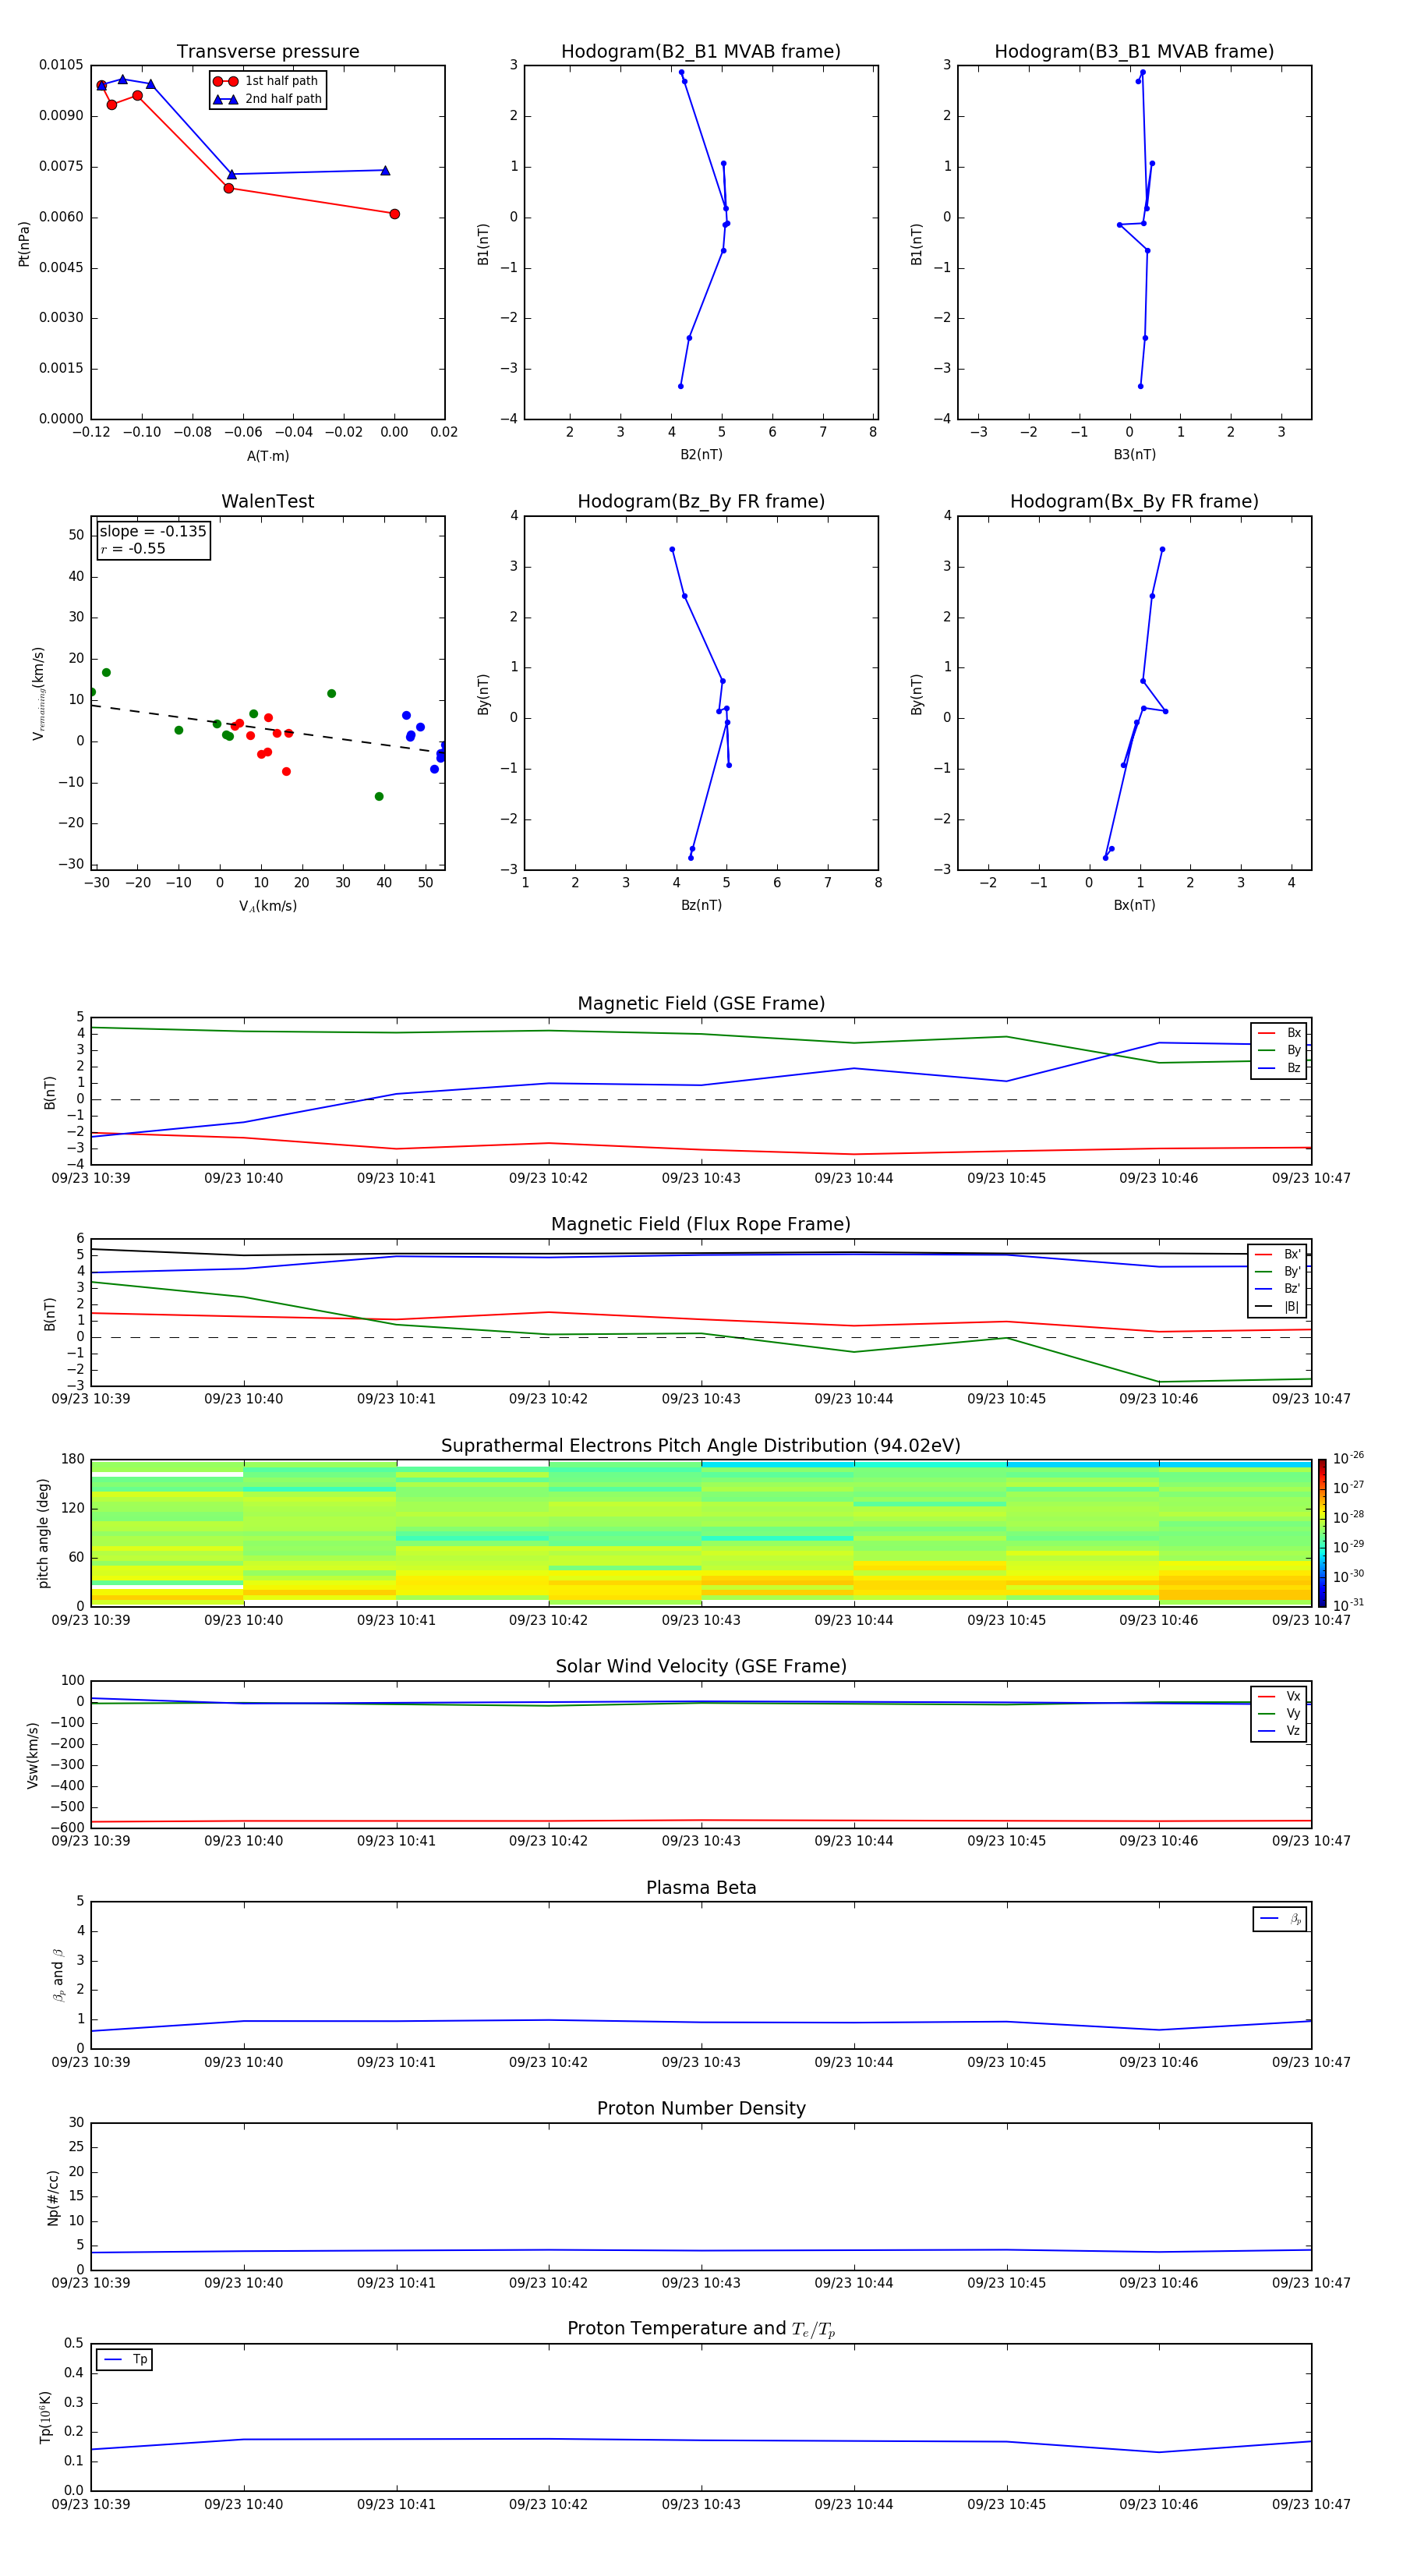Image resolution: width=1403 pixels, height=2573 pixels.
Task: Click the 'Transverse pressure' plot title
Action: pyautogui.click(x=267, y=52)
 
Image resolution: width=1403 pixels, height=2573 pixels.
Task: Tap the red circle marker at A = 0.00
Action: pyautogui.click(x=394, y=214)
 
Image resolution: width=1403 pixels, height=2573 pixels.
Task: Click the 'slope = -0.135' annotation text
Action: pyautogui.click(x=153, y=532)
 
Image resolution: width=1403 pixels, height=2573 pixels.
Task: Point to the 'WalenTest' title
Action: pyautogui.click(x=267, y=501)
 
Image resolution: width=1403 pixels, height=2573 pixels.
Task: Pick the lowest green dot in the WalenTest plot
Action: pyautogui.click(x=379, y=796)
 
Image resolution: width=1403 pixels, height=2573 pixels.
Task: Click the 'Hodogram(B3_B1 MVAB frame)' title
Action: pyautogui.click(x=1133, y=52)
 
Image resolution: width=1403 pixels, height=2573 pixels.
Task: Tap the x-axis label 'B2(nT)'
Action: pyautogui.click(x=701, y=455)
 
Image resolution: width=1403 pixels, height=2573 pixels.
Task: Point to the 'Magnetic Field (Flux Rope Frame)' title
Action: pyautogui.click(x=700, y=1225)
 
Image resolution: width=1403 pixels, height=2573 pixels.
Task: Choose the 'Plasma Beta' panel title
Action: pyautogui.click(x=701, y=1888)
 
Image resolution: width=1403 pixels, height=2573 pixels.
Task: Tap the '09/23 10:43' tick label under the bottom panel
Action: pyautogui.click(x=701, y=2504)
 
